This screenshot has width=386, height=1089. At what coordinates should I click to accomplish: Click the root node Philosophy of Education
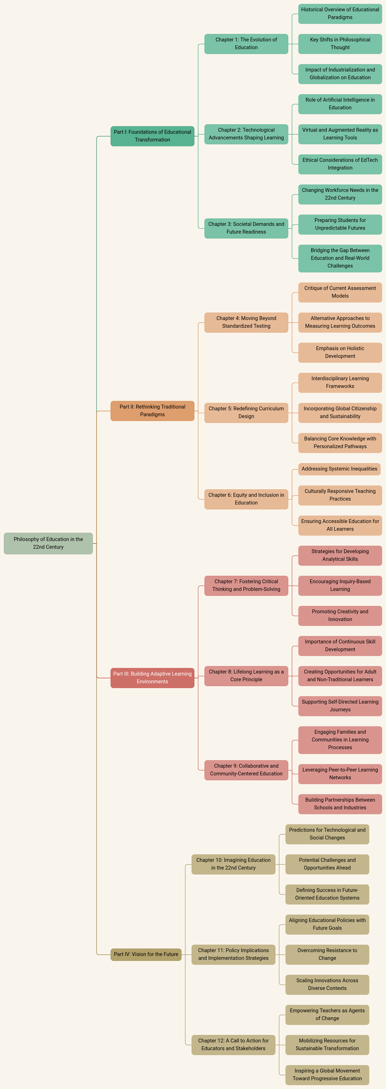[x=48, y=543]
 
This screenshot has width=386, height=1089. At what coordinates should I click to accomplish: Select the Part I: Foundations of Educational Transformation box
[x=152, y=136]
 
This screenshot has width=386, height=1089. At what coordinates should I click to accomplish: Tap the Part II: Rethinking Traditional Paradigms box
[x=152, y=411]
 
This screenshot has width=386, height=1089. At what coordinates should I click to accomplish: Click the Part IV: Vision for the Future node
[x=146, y=954]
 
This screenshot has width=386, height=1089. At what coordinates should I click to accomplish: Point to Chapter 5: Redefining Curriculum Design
[x=246, y=413]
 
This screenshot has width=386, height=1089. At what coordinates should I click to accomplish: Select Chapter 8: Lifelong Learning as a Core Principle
[x=246, y=676]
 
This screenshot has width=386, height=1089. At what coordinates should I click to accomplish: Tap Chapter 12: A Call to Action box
[x=234, y=1044]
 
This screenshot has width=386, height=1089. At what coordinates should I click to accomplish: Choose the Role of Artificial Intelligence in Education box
[x=340, y=104]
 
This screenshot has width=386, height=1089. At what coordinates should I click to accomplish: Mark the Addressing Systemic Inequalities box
[x=339, y=469]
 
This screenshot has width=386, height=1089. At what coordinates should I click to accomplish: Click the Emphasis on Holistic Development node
[x=340, y=352]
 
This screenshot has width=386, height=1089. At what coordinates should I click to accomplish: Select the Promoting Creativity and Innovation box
[x=340, y=616]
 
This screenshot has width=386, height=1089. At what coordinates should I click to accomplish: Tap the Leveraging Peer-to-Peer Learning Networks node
[x=340, y=774]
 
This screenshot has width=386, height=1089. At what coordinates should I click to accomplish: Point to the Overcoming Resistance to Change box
[x=327, y=954]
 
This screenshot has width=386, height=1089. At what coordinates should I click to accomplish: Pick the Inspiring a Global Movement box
[x=327, y=1075]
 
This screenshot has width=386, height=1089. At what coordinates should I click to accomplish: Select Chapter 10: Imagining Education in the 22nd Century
[x=234, y=864]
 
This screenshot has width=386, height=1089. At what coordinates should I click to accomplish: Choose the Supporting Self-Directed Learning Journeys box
[x=340, y=706]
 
